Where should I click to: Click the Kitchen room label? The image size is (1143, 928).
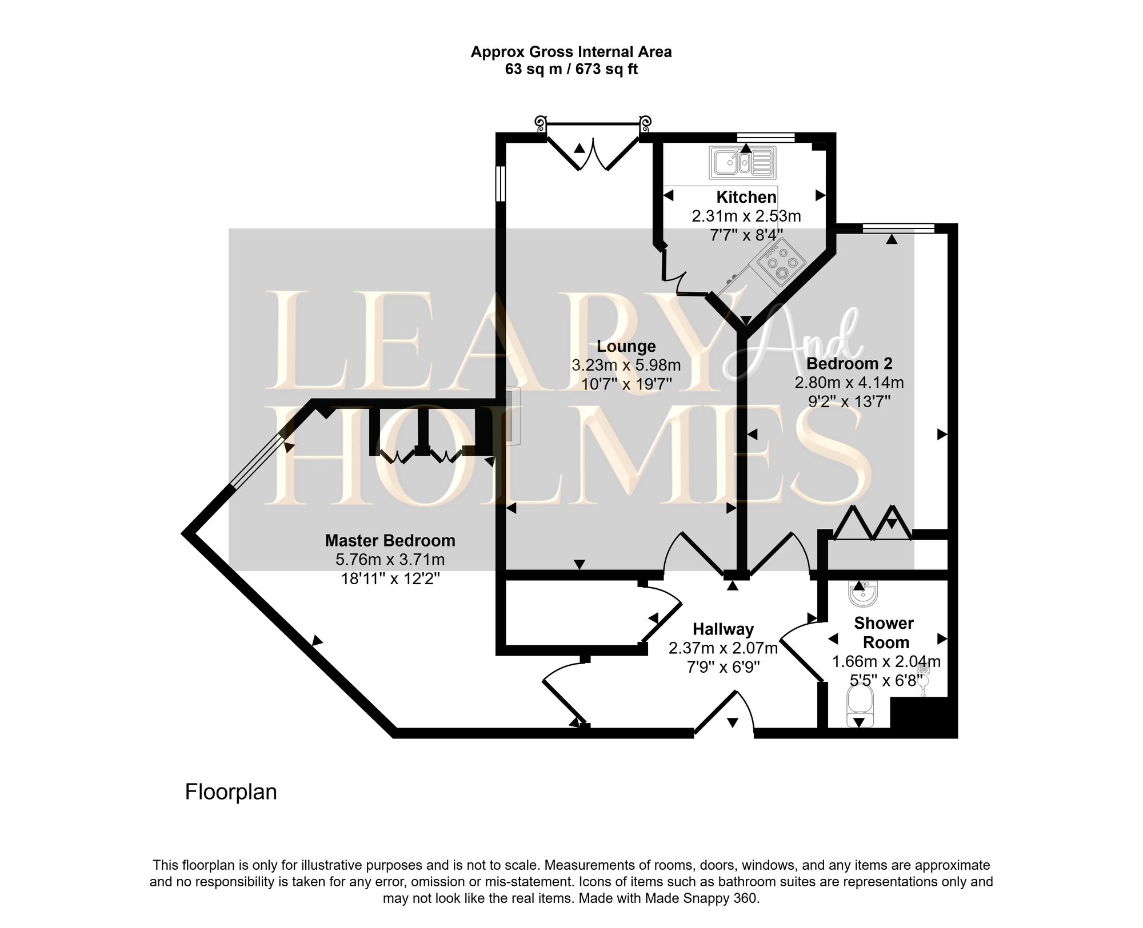tap(746, 197)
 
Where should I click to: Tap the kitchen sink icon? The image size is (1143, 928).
tap(743, 162)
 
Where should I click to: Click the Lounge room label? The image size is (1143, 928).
tap(626, 346)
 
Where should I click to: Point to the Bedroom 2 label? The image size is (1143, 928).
tap(849, 363)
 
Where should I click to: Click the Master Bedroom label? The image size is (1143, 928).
tap(390, 540)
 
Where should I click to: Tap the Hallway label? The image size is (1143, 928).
tap(723, 629)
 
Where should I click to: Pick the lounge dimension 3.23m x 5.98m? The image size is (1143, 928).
tap(626, 365)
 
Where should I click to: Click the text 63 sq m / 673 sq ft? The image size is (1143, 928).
tap(571, 70)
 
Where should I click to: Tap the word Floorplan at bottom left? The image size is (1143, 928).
tap(231, 792)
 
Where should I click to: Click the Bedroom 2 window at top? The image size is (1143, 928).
tap(898, 228)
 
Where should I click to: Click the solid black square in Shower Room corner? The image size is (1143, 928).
tap(922, 724)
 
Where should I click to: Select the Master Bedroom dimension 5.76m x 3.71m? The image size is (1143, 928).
tap(390, 560)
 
